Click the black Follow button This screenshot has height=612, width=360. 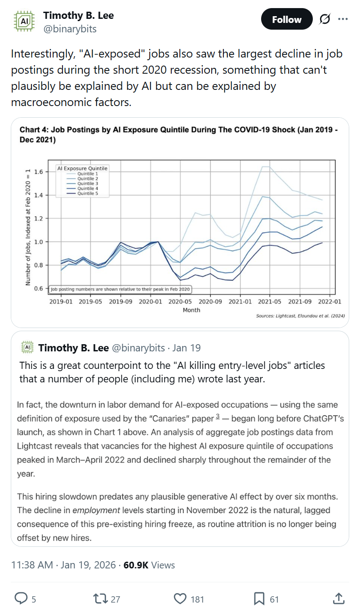(286, 19)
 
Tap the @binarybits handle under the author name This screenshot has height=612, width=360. (70, 29)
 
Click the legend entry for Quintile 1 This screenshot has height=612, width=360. (85, 173)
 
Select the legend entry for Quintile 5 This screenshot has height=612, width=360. (85, 193)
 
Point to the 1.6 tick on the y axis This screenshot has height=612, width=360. (38, 172)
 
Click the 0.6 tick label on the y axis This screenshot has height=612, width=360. (38, 288)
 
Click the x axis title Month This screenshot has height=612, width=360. (191, 310)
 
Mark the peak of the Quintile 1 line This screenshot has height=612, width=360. (266, 167)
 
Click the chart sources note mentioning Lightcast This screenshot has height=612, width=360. (300, 316)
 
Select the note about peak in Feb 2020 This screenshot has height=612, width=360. (120, 289)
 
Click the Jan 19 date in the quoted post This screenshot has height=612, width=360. (186, 348)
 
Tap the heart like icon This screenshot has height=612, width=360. (180, 599)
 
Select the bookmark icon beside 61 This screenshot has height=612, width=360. (259, 599)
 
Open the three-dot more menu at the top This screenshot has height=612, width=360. (343, 19)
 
